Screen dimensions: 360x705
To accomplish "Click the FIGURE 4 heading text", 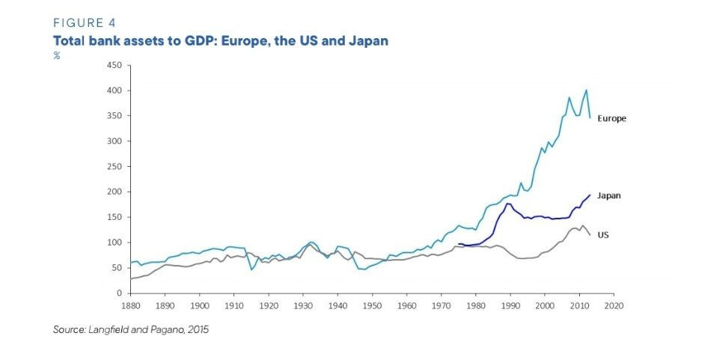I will click(x=85, y=23).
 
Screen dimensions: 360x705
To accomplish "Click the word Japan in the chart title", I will click(x=367, y=40).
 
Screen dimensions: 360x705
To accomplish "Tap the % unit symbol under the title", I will click(x=56, y=55).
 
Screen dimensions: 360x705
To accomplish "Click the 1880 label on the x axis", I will click(x=129, y=305).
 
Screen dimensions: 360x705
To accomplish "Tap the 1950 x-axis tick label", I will click(x=371, y=305).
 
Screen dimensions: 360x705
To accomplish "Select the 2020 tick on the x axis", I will click(x=614, y=305).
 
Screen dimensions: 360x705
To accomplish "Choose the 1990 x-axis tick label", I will click(x=510, y=305).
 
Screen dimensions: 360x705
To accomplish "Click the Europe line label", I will click(x=611, y=118).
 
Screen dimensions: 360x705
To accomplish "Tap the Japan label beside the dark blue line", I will click(x=609, y=195).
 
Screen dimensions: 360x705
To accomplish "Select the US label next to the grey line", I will click(x=602, y=234).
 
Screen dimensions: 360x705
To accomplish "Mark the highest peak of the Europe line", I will click(x=586, y=90).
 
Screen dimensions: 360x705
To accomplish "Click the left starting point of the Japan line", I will click(x=459, y=243).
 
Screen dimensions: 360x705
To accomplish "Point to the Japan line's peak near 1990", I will click(x=508, y=204).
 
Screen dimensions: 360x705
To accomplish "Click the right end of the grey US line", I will click(x=590, y=235).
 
